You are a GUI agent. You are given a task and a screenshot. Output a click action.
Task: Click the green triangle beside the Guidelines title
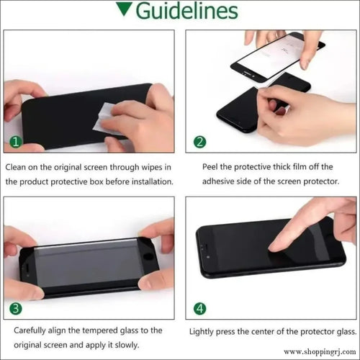124,9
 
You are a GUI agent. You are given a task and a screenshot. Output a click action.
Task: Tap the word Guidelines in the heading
187,11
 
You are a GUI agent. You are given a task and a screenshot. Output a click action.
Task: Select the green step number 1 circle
16,142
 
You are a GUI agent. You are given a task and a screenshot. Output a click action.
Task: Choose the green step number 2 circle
199,142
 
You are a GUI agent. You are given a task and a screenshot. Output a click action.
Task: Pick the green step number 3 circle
16,308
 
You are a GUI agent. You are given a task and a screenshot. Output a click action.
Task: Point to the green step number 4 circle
199,308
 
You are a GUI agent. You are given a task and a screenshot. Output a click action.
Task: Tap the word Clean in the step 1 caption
15,167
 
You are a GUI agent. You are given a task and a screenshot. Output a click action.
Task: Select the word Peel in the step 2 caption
210,166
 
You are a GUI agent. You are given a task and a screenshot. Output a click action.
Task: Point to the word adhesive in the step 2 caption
218,181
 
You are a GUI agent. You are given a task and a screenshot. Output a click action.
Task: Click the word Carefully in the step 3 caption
30,330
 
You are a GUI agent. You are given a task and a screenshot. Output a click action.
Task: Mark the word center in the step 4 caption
263,332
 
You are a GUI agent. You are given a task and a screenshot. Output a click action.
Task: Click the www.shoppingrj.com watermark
320,352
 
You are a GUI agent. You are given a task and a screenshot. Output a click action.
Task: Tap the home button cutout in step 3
148,256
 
